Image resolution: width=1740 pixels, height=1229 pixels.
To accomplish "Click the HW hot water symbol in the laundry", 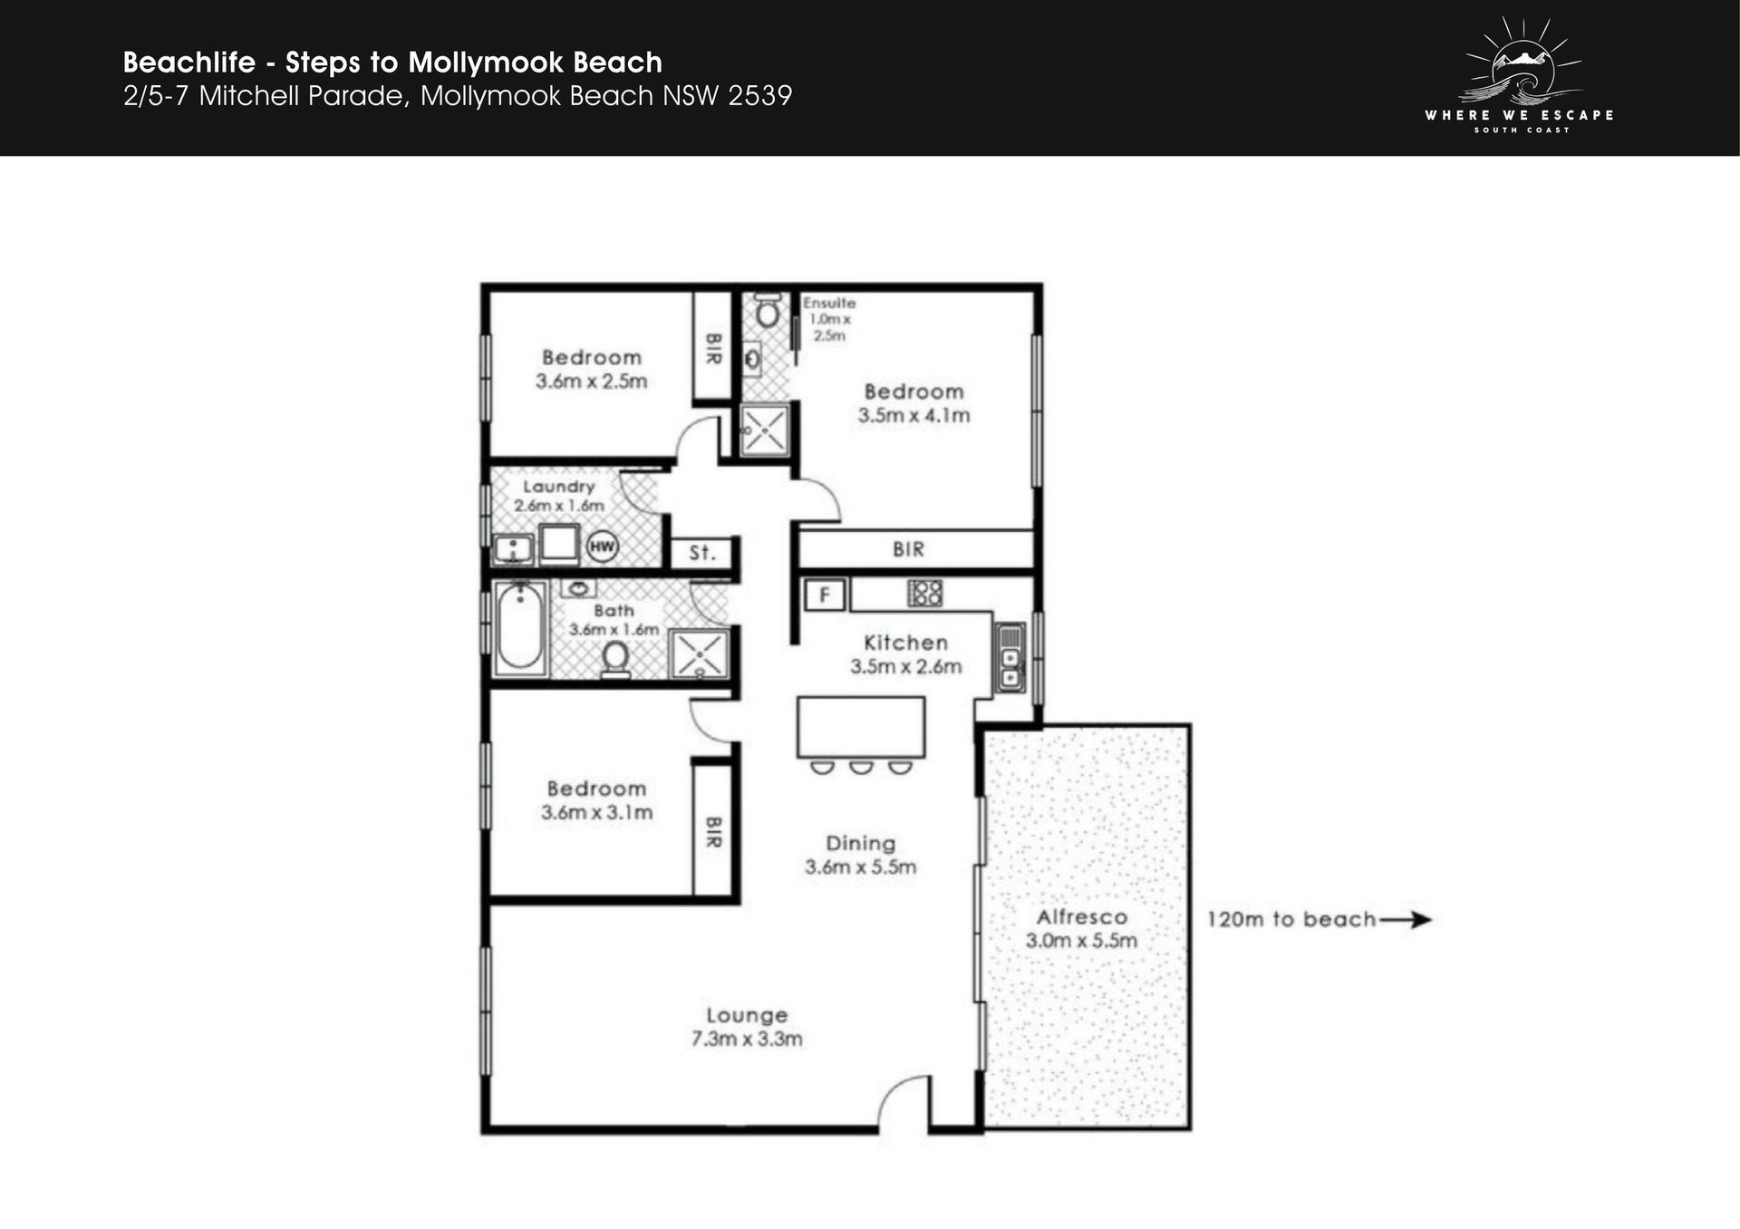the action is click(603, 547).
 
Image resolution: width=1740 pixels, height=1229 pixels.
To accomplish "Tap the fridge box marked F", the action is click(825, 595).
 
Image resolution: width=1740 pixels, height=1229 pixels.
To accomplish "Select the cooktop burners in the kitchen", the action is click(925, 594).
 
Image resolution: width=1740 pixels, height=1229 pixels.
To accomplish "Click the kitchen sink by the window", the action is click(1010, 657).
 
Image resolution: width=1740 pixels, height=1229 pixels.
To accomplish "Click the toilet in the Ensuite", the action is click(768, 309).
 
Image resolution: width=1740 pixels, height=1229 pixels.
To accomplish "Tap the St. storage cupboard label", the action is click(702, 552).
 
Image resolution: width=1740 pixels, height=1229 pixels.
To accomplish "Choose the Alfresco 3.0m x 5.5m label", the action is click(1081, 928).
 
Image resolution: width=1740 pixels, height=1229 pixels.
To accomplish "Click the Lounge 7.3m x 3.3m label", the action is click(747, 1027).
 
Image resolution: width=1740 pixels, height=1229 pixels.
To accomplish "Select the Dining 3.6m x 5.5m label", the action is click(860, 855).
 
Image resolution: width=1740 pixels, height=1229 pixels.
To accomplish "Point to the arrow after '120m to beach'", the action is click(1405, 919).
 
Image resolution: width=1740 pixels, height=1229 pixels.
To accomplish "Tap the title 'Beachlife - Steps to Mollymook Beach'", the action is click(392, 62).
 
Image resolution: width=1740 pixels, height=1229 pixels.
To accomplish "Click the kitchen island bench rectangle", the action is click(861, 727).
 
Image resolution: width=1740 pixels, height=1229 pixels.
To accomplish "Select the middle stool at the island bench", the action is click(861, 769).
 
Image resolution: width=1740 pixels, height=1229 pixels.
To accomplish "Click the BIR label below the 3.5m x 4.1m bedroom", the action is click(908, 549).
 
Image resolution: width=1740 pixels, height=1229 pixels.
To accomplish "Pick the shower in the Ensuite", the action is click(765, 431).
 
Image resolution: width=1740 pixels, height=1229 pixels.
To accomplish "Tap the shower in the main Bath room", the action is click(699, 653).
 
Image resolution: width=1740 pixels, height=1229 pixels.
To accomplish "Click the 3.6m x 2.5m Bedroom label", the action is click(592, 369).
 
